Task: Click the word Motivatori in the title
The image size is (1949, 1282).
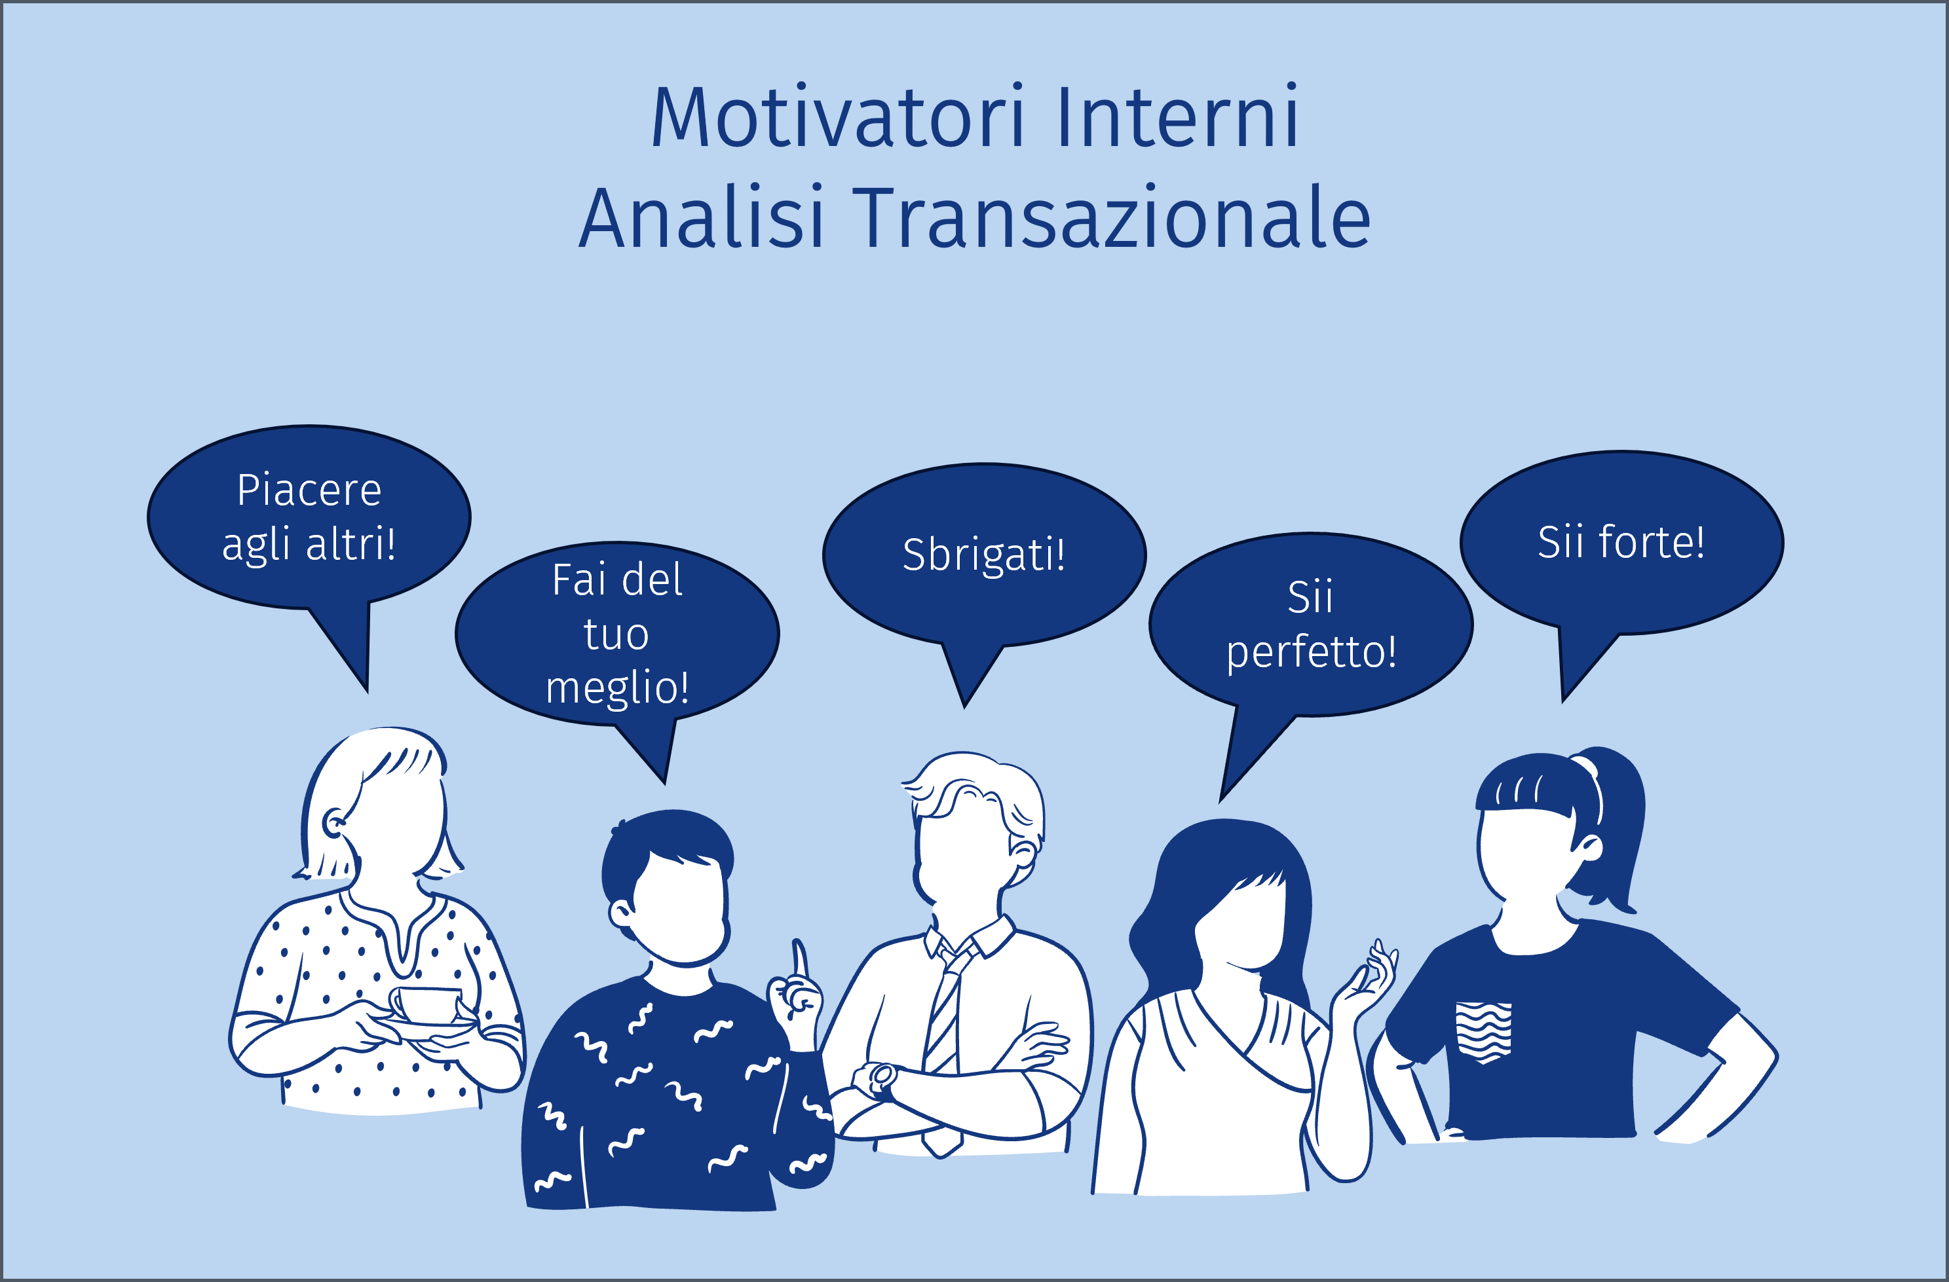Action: coord(837,117)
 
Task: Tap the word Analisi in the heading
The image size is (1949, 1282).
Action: coord(701,217)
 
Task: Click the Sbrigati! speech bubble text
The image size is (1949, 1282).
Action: coord(983,555)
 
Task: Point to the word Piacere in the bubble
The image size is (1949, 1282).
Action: coord(309,490)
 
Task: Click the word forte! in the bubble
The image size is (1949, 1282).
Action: coord(1652,542)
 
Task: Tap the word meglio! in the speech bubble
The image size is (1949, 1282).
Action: coord(617,687)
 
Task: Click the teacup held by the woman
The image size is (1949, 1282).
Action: coord(428,1004)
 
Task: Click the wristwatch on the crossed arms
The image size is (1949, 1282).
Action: coord(882,1079)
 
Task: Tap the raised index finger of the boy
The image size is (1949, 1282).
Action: coord(799,958)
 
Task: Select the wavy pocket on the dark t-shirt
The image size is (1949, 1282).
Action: coord(1483,1031)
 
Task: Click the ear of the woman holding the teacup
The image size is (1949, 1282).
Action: coord(334,821)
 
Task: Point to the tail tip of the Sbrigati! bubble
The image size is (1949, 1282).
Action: coord(964,707)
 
